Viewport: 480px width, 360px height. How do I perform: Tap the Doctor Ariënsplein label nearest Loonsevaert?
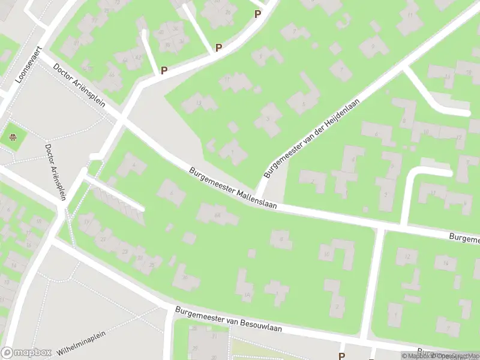79,86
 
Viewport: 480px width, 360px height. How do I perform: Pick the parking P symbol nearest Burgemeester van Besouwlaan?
342,356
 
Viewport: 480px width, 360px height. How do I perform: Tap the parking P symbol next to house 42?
164,70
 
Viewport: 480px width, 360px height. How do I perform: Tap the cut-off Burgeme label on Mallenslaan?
466,239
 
